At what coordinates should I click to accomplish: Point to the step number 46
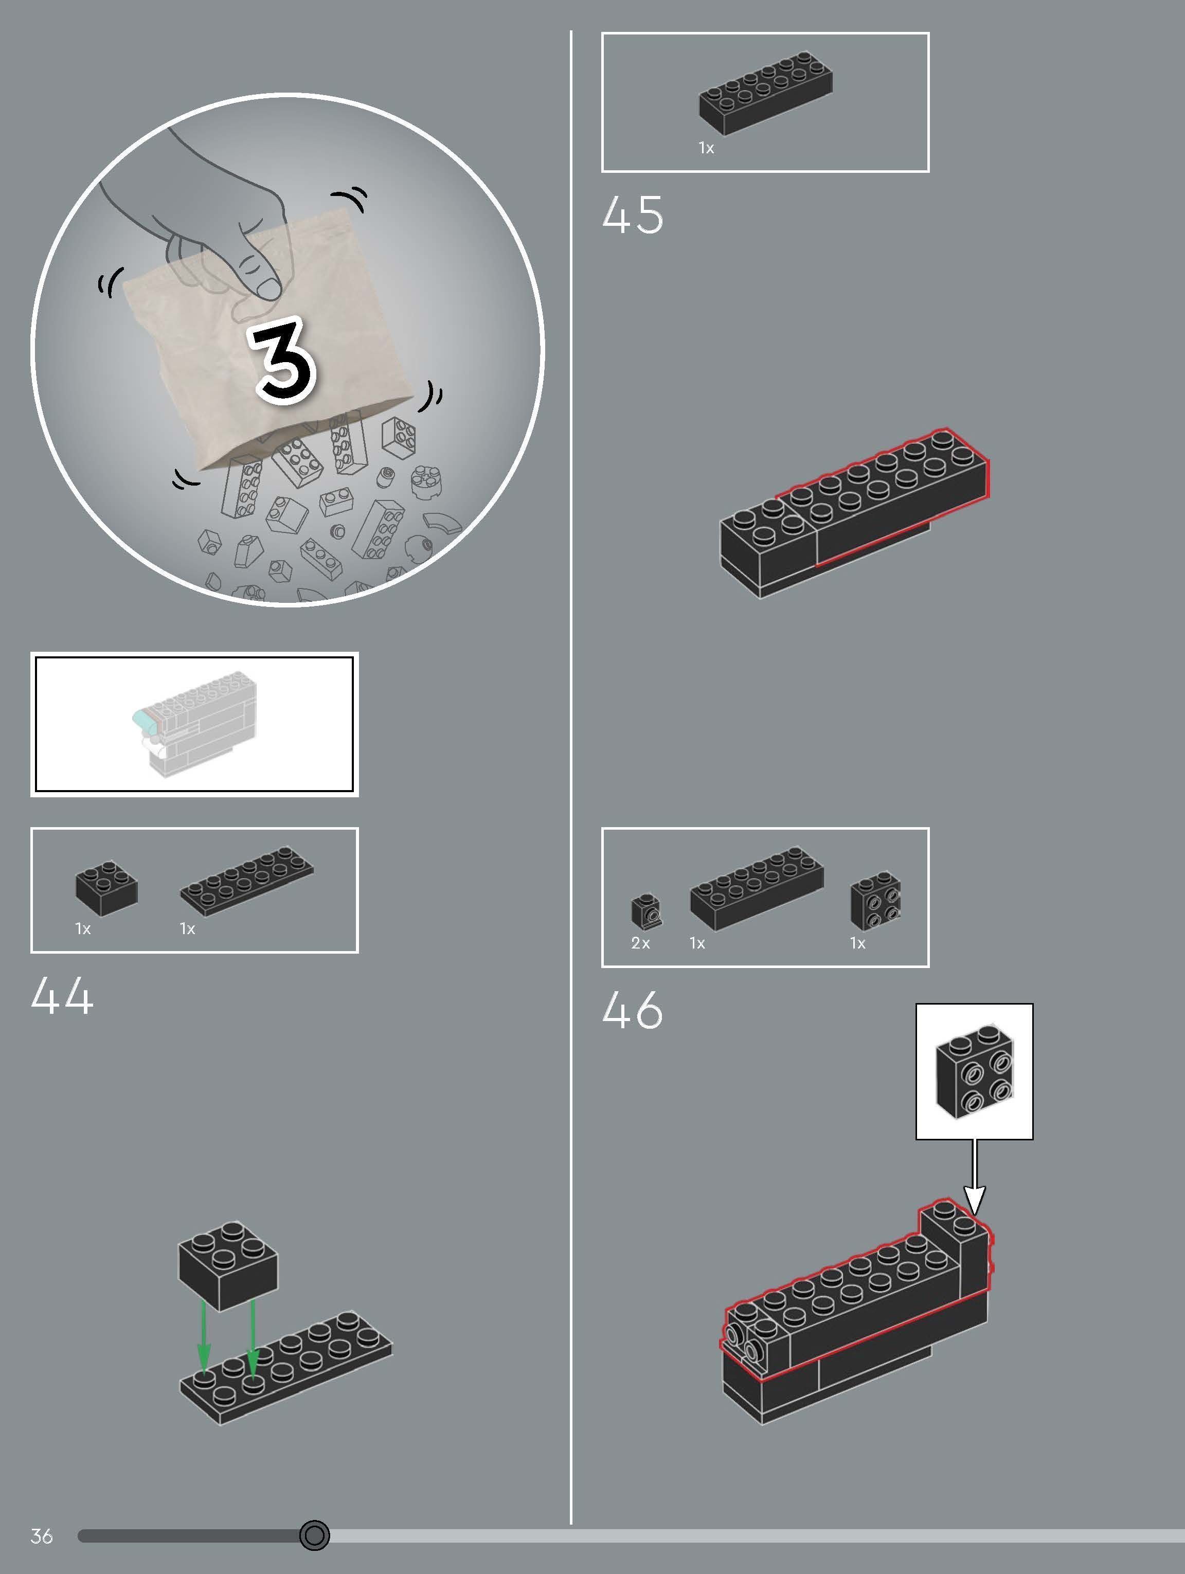[x=632, y=1010]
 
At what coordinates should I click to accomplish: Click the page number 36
[x=41, y=1536]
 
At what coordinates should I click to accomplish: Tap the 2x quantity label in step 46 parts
[x=640, y=943]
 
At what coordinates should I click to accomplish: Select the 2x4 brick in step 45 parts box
[x=765, y=93]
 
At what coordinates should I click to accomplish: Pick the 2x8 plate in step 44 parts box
[x=246, y=880]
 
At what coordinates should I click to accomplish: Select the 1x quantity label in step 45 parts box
[x=706, y=148]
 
